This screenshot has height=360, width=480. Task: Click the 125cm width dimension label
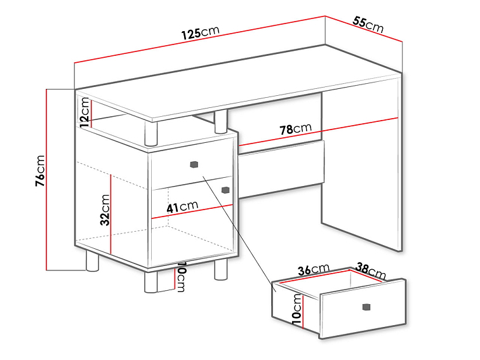point(201,32)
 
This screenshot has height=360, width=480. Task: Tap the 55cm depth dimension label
point(368,25)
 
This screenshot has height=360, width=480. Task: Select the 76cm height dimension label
point(40,171)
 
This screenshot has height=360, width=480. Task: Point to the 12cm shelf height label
point(84,112)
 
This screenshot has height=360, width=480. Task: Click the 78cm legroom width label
point(295,128)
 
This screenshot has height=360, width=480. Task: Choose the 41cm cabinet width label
point(182,206)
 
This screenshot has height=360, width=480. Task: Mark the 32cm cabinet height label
point(105,210)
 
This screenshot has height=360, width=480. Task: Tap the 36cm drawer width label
point(314,269)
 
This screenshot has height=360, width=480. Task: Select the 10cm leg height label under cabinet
point(181,277)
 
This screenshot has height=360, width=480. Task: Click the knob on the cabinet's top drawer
point(194,164)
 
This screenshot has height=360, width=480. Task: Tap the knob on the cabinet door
point(225,190)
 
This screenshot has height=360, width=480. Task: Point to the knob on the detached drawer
point(366,307)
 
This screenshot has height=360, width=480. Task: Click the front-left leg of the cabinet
point(150,282)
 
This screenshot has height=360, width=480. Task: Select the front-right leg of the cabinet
point(220,269)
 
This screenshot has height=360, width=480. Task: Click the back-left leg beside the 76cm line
point(92,261)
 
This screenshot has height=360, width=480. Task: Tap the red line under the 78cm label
point(318,131)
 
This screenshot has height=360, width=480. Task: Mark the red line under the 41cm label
point(192,211)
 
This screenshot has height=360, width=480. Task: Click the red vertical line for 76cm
point(46,180)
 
